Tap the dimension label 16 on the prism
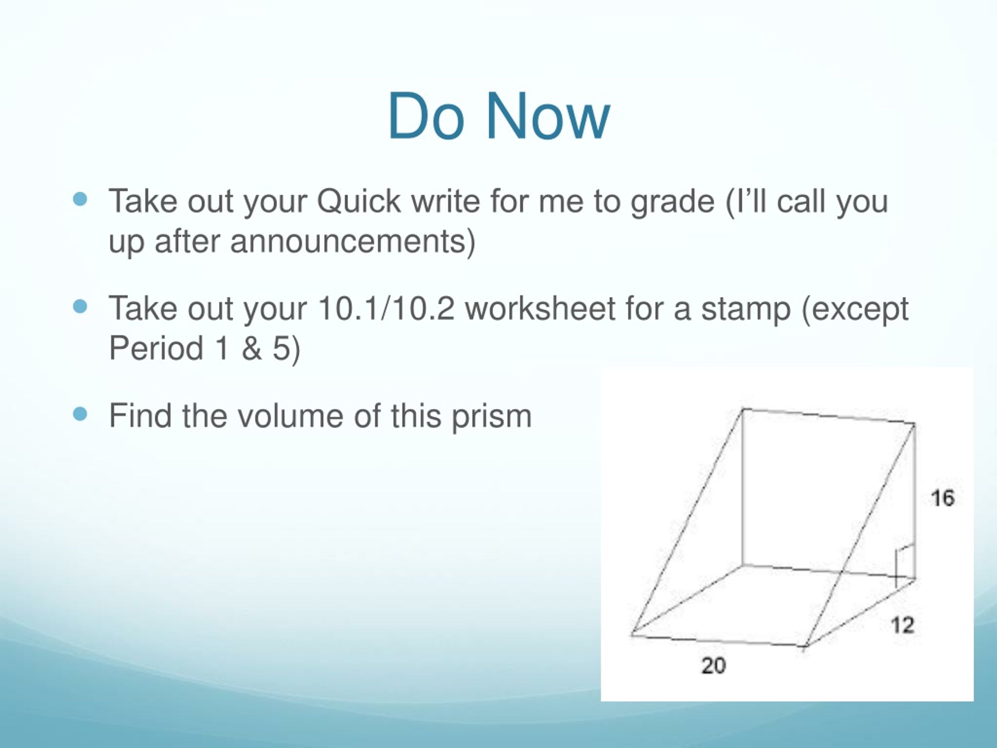tap(942, 498)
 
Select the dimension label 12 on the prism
tap(903, 625)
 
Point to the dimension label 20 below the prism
tap(713, 666)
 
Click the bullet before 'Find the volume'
tap(80, 413)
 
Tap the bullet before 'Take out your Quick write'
tap(80, 199)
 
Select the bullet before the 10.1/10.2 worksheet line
tap(80, 307)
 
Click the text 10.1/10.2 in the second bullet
tap(386, 309)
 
